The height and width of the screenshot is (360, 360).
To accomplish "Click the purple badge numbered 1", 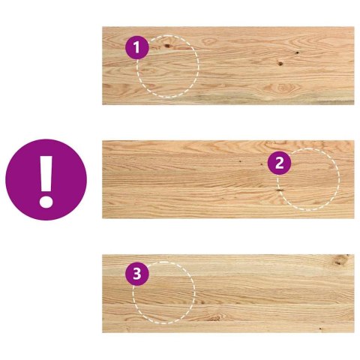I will (136, 49).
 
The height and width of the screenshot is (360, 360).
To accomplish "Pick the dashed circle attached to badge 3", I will (163, 293).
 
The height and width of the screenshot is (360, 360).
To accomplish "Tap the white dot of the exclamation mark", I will (46, 201).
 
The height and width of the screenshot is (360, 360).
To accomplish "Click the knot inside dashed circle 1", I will (166, 46).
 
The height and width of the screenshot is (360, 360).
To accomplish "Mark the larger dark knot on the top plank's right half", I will (280, 63).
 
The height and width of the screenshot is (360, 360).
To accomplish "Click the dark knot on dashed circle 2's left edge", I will (279, 190).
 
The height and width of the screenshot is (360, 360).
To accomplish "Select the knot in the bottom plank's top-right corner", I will (341, 261).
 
